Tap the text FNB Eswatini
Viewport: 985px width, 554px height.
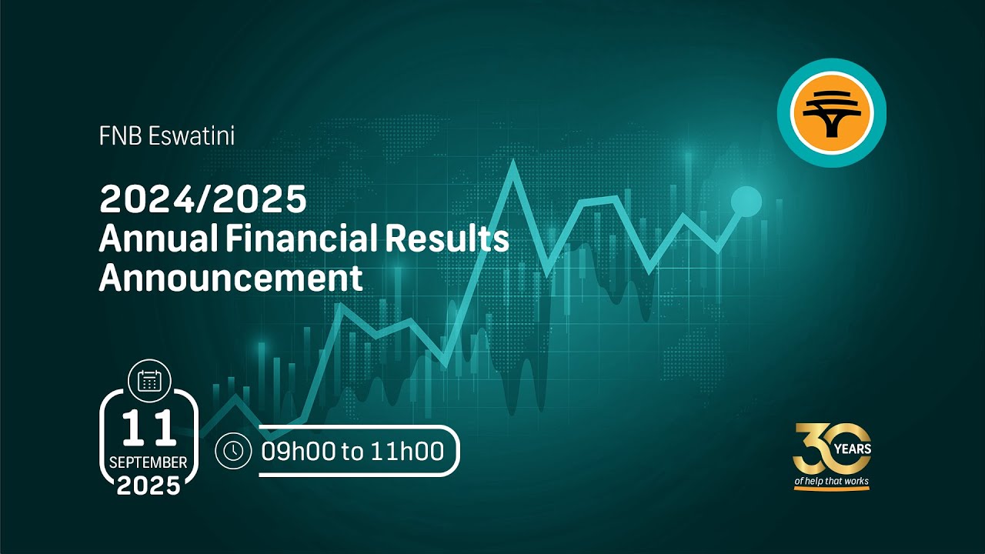[166, 137]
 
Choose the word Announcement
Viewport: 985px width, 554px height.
[230, 278]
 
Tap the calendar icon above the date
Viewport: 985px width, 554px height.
[149, 379]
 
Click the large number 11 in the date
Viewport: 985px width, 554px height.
[149, 429]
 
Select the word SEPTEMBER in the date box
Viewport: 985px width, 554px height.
[149, 462]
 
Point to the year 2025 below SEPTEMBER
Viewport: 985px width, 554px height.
[149, 486]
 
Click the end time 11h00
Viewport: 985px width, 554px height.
[408, 451]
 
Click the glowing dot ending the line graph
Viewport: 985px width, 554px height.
[746, 201]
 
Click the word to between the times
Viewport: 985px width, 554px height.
[352, 452]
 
